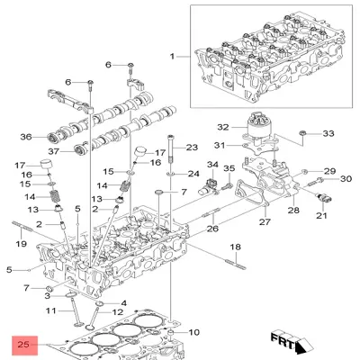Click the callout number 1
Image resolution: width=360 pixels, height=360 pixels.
(x=174, y=57)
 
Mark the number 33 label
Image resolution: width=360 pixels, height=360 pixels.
(x=328, y=133)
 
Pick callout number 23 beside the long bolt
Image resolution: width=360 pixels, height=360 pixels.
(x=191, y=147)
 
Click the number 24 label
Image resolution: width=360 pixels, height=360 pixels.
(x=193, y=173)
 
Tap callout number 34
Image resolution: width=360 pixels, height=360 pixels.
(x=212, y=165)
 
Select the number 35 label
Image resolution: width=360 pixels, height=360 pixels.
(x=229, y=168)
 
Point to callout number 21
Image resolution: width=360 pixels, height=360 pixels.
(x=321, y=216)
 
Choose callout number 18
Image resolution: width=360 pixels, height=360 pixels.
(x=234, y=247)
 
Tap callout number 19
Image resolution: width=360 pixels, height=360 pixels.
(x=20, y=244)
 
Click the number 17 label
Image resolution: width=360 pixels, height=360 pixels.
(x=20, y=165)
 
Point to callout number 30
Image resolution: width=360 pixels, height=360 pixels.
(x=345, y=178)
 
